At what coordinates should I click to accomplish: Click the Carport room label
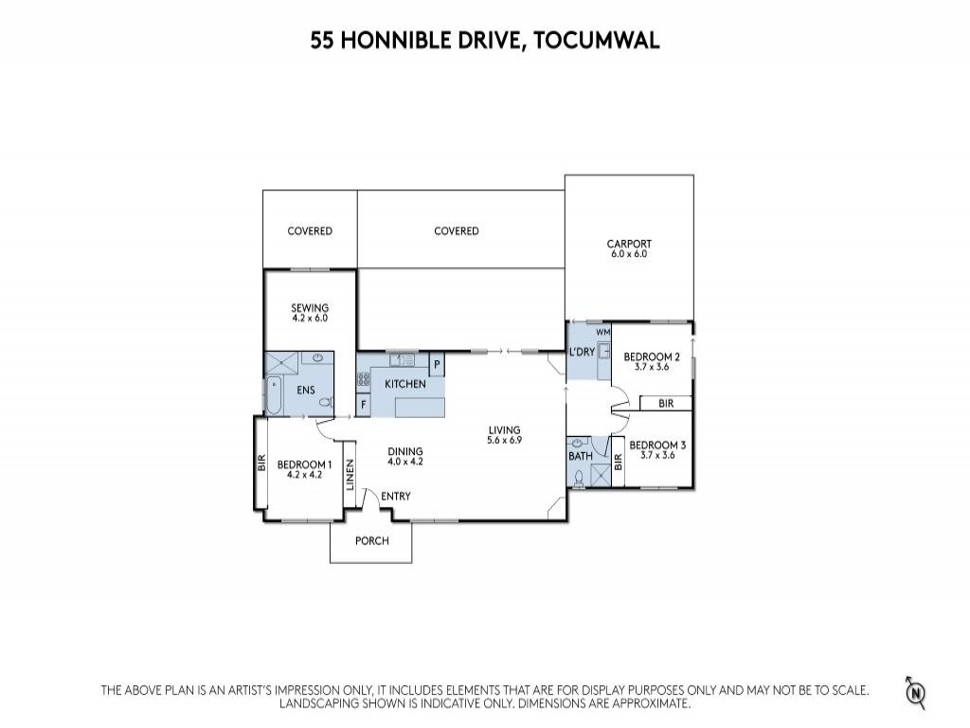629,244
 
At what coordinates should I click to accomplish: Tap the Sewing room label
310,308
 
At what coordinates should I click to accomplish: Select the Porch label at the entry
371,540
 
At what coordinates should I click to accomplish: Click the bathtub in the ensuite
274,395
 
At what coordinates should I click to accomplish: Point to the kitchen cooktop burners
363,380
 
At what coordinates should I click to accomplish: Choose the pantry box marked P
437,365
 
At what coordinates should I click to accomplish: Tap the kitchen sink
402,359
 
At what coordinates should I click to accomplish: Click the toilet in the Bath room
579,479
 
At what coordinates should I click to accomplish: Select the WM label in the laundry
602,333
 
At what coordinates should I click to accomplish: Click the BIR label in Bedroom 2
666,404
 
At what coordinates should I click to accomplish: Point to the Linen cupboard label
350,475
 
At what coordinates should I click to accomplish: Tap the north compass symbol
917,692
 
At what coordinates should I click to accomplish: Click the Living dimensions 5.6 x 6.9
504,440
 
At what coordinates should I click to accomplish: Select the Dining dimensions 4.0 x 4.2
405,462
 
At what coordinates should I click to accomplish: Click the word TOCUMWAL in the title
597,40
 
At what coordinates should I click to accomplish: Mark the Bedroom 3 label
657,446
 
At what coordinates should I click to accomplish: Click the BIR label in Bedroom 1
261,463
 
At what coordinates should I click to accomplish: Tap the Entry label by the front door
396,496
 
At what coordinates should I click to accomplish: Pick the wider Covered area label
457,231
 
